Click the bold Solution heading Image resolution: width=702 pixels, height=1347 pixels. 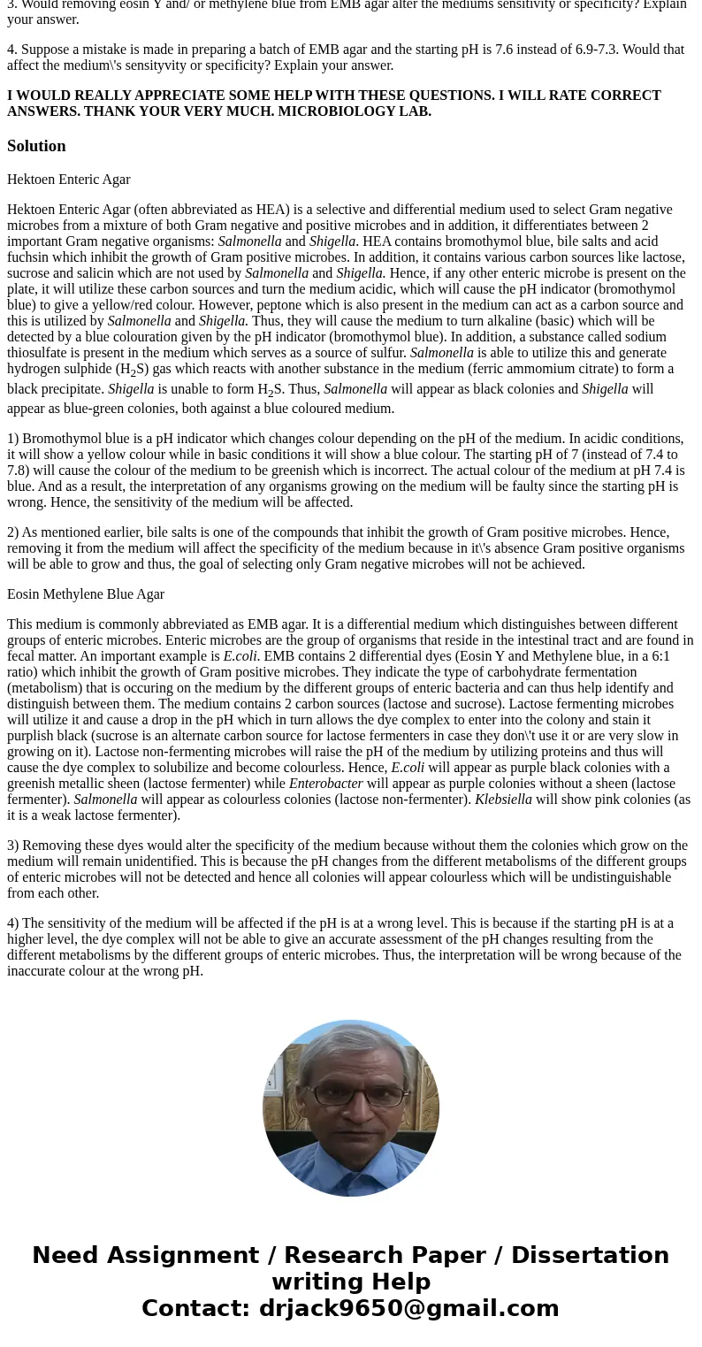click(36, 146)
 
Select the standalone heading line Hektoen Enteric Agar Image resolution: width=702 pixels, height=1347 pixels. click(69, 180)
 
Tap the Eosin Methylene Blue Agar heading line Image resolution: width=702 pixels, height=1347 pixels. click(86, 594)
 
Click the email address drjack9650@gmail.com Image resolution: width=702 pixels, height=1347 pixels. click(408, 1309)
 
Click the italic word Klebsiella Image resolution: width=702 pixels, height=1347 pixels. click(503, 800)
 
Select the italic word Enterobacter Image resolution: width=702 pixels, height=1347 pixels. click(325, 784)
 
